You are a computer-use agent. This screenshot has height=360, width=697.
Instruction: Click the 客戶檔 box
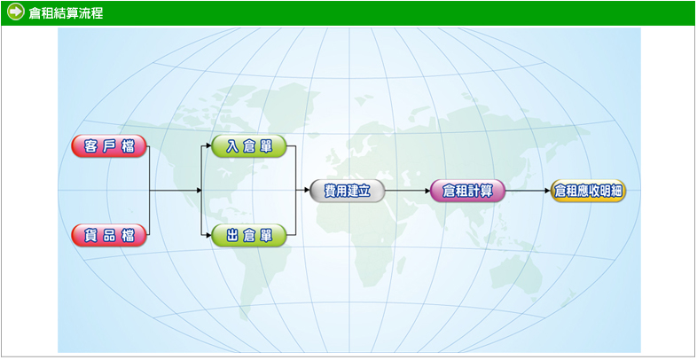pos(109,146)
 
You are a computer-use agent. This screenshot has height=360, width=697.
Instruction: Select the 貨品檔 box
pos(109,235)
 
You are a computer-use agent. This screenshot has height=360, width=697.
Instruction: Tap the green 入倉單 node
pos(249,146)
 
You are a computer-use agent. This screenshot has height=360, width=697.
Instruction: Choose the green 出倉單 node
pos(249,235)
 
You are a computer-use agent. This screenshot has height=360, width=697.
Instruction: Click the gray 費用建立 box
pos(347,191)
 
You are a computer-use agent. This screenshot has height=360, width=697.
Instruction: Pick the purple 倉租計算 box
pos(466,191)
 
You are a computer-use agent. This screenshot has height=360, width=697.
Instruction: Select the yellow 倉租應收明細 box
pos(588,191)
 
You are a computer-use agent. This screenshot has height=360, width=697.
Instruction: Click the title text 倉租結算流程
pos(66,13)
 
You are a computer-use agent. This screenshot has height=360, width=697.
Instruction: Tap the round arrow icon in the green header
pos(15,12)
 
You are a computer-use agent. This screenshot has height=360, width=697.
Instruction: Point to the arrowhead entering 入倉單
pos(208,146)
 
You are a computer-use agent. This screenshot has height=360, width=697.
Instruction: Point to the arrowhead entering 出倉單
pos(208,235)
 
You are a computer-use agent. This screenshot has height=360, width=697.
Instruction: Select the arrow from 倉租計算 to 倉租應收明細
pos(527,191)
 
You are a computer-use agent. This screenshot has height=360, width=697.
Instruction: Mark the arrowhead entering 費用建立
pos(305,191)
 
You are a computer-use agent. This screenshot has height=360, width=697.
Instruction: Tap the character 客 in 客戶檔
pos(90,146)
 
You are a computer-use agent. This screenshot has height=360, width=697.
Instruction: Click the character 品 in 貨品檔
pos(109,235)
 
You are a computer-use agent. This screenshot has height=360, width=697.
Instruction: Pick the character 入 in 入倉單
pos(231,146)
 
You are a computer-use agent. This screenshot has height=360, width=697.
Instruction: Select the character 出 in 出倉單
pos(231,235)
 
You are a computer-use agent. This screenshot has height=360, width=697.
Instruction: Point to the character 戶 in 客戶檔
pos(109,146)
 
